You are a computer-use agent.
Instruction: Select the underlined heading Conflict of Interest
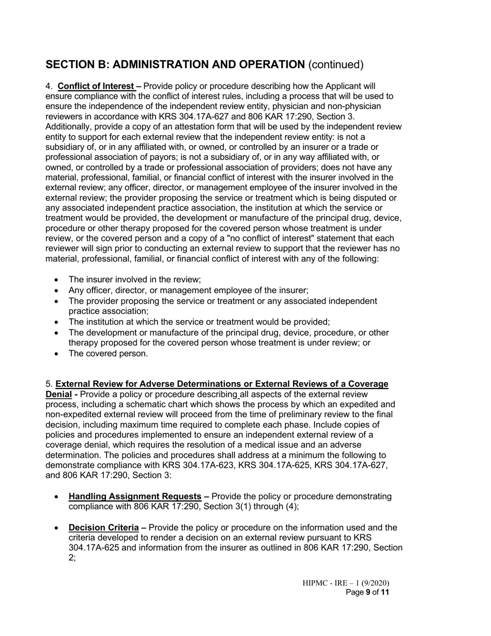click(96, 86)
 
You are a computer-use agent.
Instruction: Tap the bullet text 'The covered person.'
click(108, 354)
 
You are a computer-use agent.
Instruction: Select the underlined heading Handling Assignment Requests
click(135, 496)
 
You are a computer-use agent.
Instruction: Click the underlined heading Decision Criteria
click(103, 527)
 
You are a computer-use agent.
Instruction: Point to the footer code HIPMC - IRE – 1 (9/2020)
click(346, 583)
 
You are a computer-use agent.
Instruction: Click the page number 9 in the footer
click(368, 593)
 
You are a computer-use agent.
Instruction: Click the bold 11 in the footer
click(385, 593)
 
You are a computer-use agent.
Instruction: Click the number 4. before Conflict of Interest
click(49, 86)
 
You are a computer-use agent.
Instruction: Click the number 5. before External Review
click(49, 384)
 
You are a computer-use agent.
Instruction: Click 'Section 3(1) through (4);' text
click(251, 506)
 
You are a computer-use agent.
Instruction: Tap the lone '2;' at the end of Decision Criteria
click(72, 558)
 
